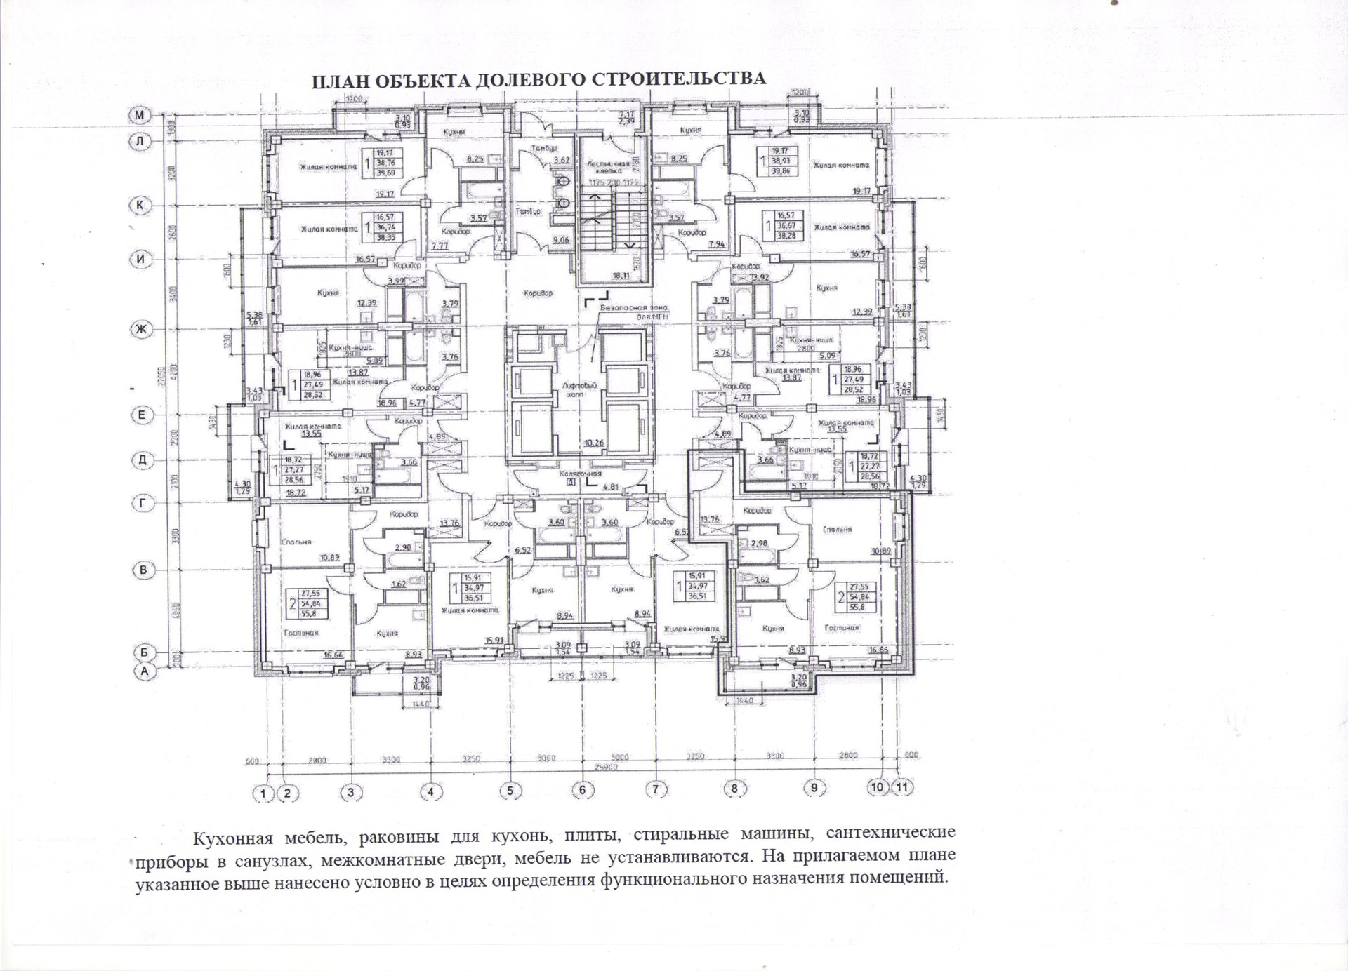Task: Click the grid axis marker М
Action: click(x=141, y=115)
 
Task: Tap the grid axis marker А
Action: click(x=145, y=671)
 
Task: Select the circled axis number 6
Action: click(x=582, y=790)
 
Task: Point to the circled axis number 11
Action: click(x=901, y=787)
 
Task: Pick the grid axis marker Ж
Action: click(x=142, y=329)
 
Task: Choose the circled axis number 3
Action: click(x=351, y=793)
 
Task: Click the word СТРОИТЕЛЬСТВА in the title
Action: click(x=679, y=79)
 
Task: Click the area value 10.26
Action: click(x=593, y=443)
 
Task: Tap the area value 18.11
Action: click(x=621, y=276)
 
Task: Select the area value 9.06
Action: click(x=560, y=241)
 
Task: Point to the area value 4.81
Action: click(x=610, y=486)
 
